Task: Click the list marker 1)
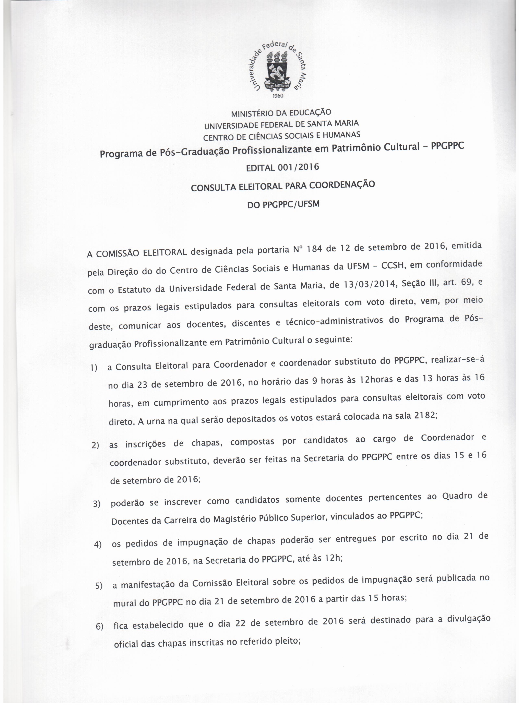pos(94,368)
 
